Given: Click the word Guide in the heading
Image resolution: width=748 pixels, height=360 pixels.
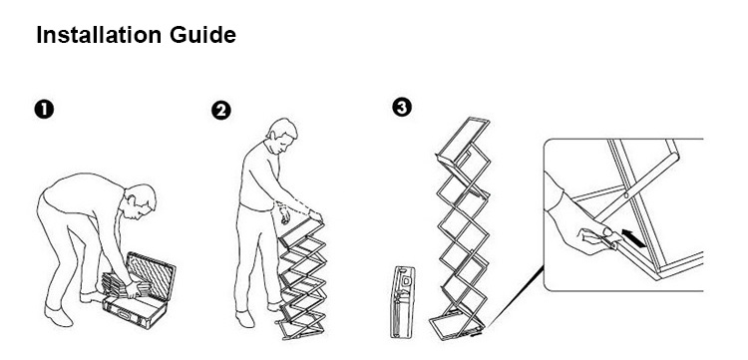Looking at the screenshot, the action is pos(203,35).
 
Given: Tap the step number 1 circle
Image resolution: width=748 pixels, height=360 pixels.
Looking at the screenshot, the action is pos(44,110).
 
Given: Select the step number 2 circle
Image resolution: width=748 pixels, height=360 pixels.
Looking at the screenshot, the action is pos(220,111).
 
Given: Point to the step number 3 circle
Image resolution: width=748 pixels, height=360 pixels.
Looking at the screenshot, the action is pos(402,108).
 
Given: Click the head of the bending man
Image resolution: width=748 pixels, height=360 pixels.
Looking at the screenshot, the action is pos(141,200).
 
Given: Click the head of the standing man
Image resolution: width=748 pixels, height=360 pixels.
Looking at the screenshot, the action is pos(281,135).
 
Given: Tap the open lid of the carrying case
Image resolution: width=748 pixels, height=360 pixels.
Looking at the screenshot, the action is pos(151,275).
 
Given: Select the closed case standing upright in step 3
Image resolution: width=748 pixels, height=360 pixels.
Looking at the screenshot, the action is pos(402,302).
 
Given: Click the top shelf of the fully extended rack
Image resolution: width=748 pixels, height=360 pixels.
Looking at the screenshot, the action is pos(463,141).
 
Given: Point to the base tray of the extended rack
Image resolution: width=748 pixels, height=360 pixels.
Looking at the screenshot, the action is pos(457,326).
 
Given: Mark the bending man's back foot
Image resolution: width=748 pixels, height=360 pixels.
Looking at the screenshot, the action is pos(57,316).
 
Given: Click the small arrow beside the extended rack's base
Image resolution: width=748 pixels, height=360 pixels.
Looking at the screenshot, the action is pos(476,335).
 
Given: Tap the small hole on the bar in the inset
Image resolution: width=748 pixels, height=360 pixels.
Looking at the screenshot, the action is pos(625,194).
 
